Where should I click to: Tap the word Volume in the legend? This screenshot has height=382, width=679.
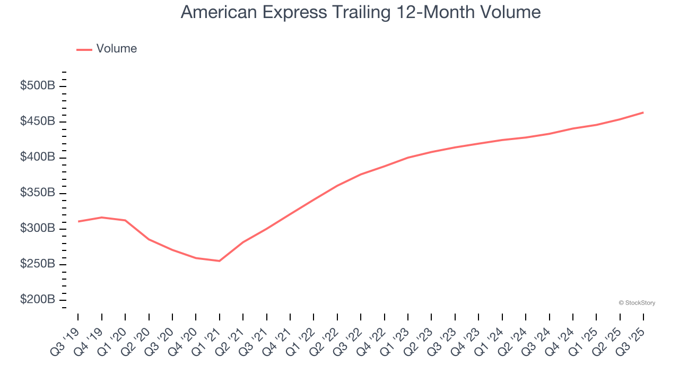(x=116, y=49)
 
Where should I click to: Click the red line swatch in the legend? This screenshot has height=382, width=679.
(x=84, y=49)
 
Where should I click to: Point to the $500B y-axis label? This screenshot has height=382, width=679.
(x=38, y=86)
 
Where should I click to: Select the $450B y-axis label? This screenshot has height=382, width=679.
(x=38, y=121)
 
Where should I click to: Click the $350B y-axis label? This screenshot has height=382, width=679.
(x=38, y=193)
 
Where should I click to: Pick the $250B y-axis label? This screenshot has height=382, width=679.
(x=38, y=264)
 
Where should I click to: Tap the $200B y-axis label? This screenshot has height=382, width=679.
(x=38, y=300)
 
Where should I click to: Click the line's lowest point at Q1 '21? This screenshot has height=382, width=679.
(x=219, y=261)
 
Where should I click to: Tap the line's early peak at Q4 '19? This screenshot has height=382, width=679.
(x=101, y=218)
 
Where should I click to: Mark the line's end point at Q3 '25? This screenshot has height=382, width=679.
(x=643, y=112)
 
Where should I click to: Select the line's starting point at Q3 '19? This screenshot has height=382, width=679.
(x=79, y=221)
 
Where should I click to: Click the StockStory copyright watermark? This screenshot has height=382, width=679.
(x=637, y=303)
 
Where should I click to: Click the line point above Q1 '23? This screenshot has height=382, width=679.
(x=407, y=158)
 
